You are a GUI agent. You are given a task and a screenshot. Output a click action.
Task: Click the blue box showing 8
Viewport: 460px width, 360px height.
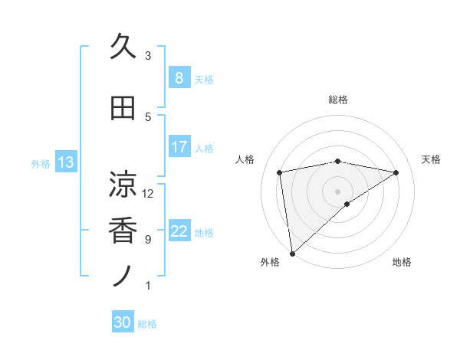[179, 78]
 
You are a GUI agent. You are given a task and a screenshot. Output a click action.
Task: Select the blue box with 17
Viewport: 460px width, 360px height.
[179, 147]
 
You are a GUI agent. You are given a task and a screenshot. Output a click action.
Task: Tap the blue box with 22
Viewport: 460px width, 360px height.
[179, 231]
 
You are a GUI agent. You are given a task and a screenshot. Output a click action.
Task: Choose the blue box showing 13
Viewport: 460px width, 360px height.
[65, 162]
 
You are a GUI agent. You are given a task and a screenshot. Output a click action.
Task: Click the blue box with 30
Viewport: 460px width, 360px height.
[122, 323]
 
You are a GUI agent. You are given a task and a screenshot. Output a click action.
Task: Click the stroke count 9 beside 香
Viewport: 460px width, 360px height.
[148, 240]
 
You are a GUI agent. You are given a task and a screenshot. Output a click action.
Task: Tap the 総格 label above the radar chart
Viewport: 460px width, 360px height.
[337, 100]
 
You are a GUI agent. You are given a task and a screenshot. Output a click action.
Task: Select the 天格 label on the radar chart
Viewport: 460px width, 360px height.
[432, 159]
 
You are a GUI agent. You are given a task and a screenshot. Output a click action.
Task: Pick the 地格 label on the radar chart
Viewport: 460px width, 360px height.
[402, 262]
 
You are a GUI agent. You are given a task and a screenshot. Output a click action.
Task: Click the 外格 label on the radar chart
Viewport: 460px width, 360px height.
[270, 262]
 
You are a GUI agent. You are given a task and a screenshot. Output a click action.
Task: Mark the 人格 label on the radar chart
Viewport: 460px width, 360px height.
[245, 159]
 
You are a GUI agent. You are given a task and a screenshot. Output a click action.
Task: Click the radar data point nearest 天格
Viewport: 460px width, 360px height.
[396, 172]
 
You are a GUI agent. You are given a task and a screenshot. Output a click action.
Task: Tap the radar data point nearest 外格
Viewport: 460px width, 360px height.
[292, 252]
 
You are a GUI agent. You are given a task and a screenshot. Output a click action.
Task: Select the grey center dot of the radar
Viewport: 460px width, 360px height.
[337, 190]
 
